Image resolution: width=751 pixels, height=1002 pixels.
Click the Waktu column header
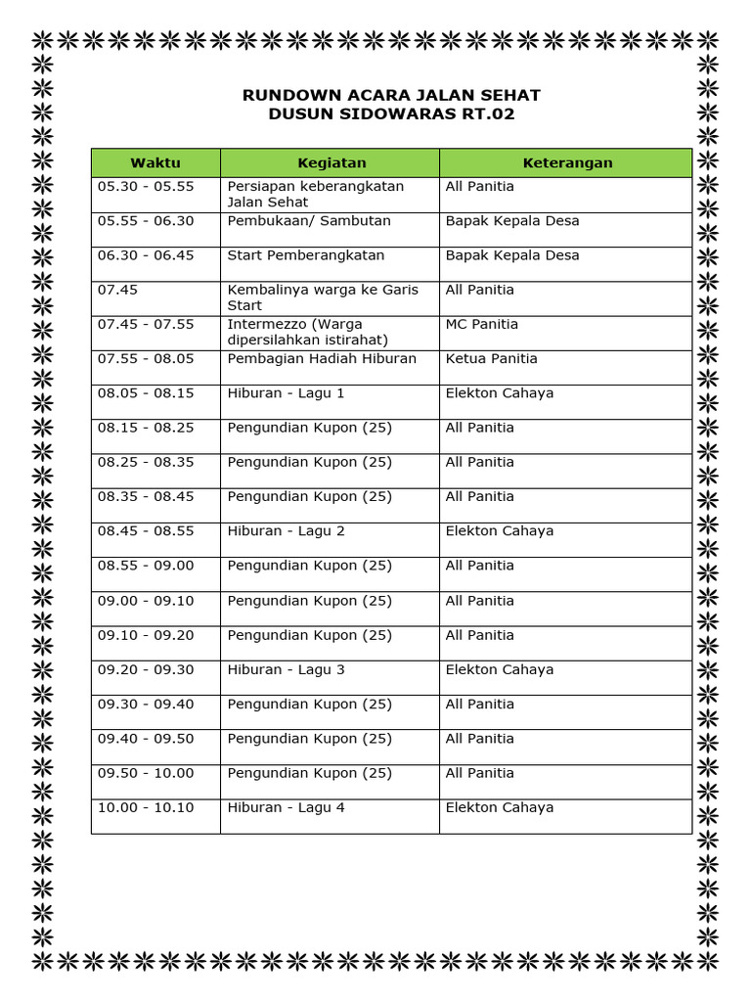155,162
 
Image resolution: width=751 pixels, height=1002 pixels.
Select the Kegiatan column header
331,162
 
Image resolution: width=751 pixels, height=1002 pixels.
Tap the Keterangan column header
567,162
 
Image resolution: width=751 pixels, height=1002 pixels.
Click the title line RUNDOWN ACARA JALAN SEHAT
391,95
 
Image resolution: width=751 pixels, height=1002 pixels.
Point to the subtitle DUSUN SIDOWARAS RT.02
391,114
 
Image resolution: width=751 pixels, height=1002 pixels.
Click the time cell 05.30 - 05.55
146,186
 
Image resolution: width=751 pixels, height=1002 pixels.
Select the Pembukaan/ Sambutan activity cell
309,221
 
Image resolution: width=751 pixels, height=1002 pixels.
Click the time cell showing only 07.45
115,290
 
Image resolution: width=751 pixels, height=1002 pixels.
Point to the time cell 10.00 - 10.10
146,808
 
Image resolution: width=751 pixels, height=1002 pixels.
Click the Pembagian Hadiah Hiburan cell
322,359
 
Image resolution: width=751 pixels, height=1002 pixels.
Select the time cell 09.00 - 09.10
146,601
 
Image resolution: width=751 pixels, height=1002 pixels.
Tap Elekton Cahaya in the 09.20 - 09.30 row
500,670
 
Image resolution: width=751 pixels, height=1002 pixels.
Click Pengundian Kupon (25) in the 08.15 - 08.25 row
309,428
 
